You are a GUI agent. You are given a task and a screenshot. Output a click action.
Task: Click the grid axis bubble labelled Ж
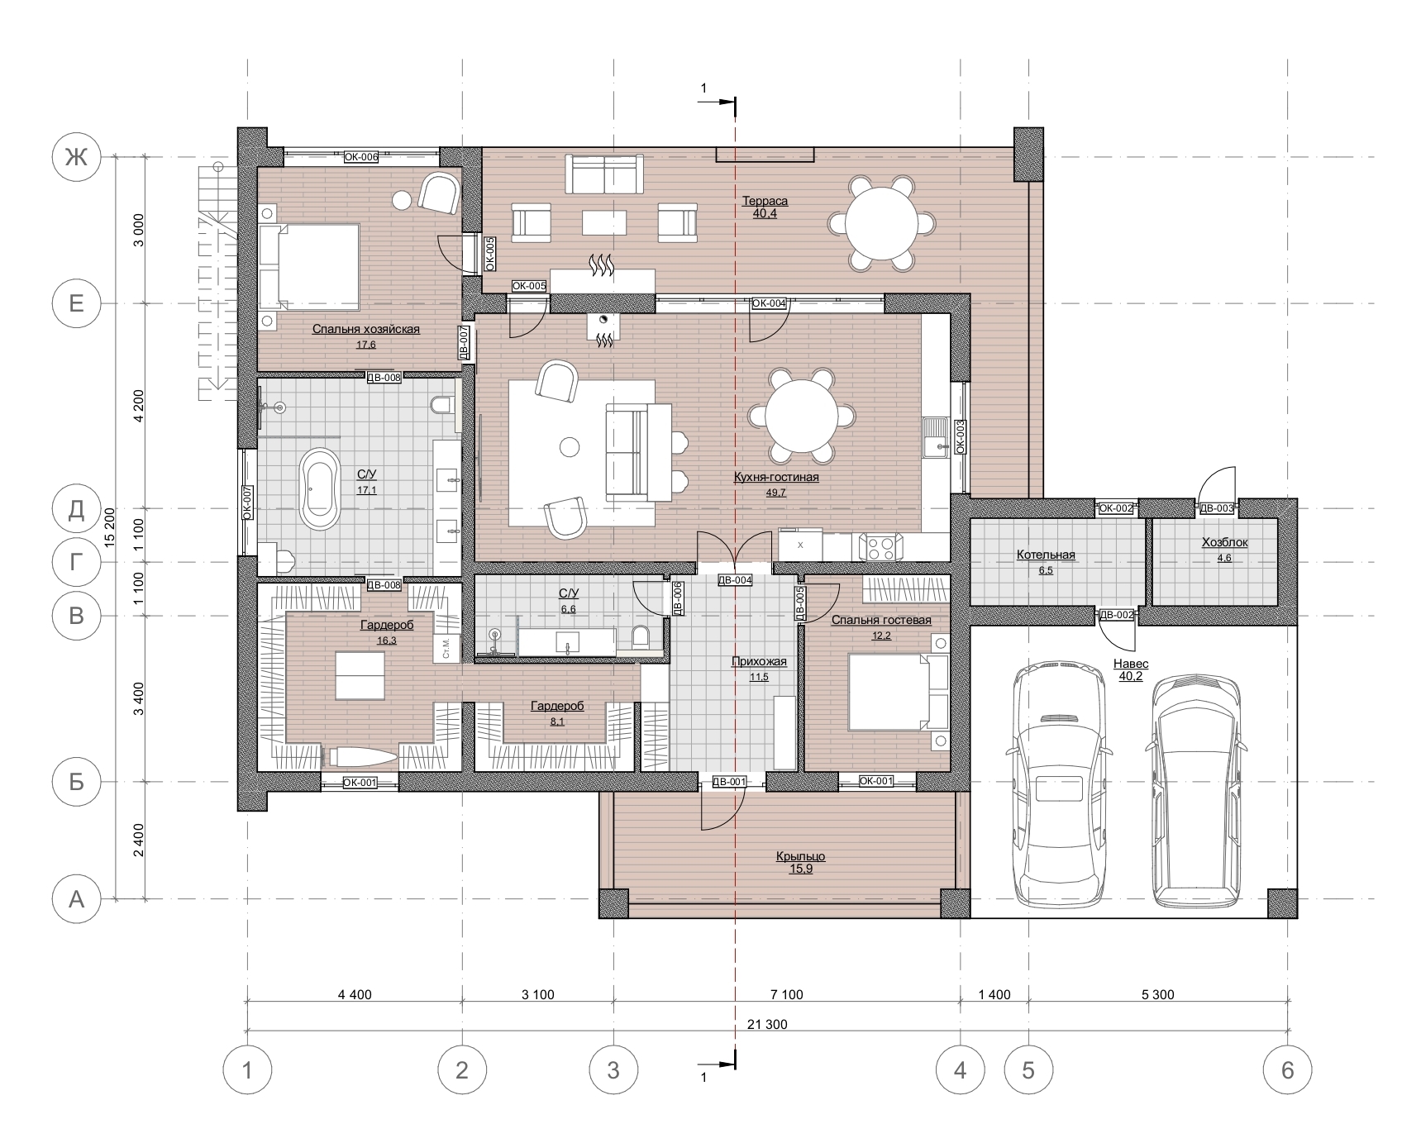[x=76, y=157]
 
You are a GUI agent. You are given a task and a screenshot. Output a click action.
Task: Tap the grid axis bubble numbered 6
[x=1287, y=1070]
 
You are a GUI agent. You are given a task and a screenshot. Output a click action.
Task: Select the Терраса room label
[x=765, y=201]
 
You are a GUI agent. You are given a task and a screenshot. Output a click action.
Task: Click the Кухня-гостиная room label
[x=776, y=477]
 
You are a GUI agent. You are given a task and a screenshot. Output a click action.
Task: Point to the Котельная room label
[x=1046, y=555]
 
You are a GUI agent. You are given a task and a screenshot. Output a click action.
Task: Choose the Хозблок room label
[x=1224, y=543]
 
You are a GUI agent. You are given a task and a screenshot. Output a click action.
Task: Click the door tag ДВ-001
[x=730, y=782]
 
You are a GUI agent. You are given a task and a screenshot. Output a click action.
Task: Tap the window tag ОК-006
[x=361, y=157]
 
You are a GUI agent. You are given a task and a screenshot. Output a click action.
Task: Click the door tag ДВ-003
[x=1216, y=508]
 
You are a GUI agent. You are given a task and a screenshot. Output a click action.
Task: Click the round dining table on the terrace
[x=883, y=223]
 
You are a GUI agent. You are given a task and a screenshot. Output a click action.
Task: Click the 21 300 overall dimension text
[x=767, y=1025]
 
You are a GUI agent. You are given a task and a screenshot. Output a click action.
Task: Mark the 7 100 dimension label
[x=786, y=995]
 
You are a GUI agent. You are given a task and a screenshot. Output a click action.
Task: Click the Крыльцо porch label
[x=800, y=857]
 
